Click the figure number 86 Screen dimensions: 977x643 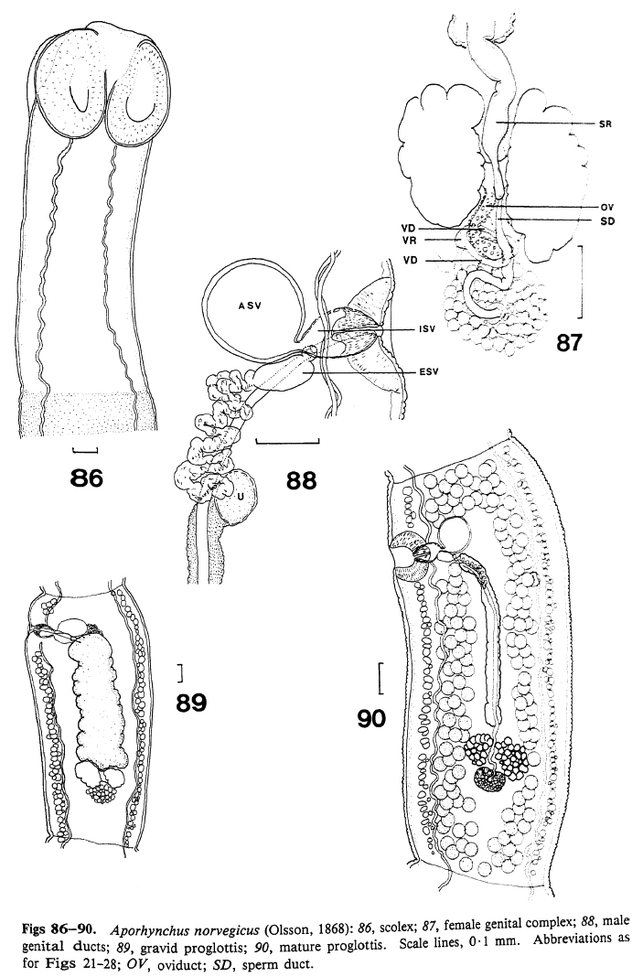click(x=82, y=478)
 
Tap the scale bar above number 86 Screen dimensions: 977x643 click(x=84, y=450)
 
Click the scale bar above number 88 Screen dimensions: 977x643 click(x=287, y=443)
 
